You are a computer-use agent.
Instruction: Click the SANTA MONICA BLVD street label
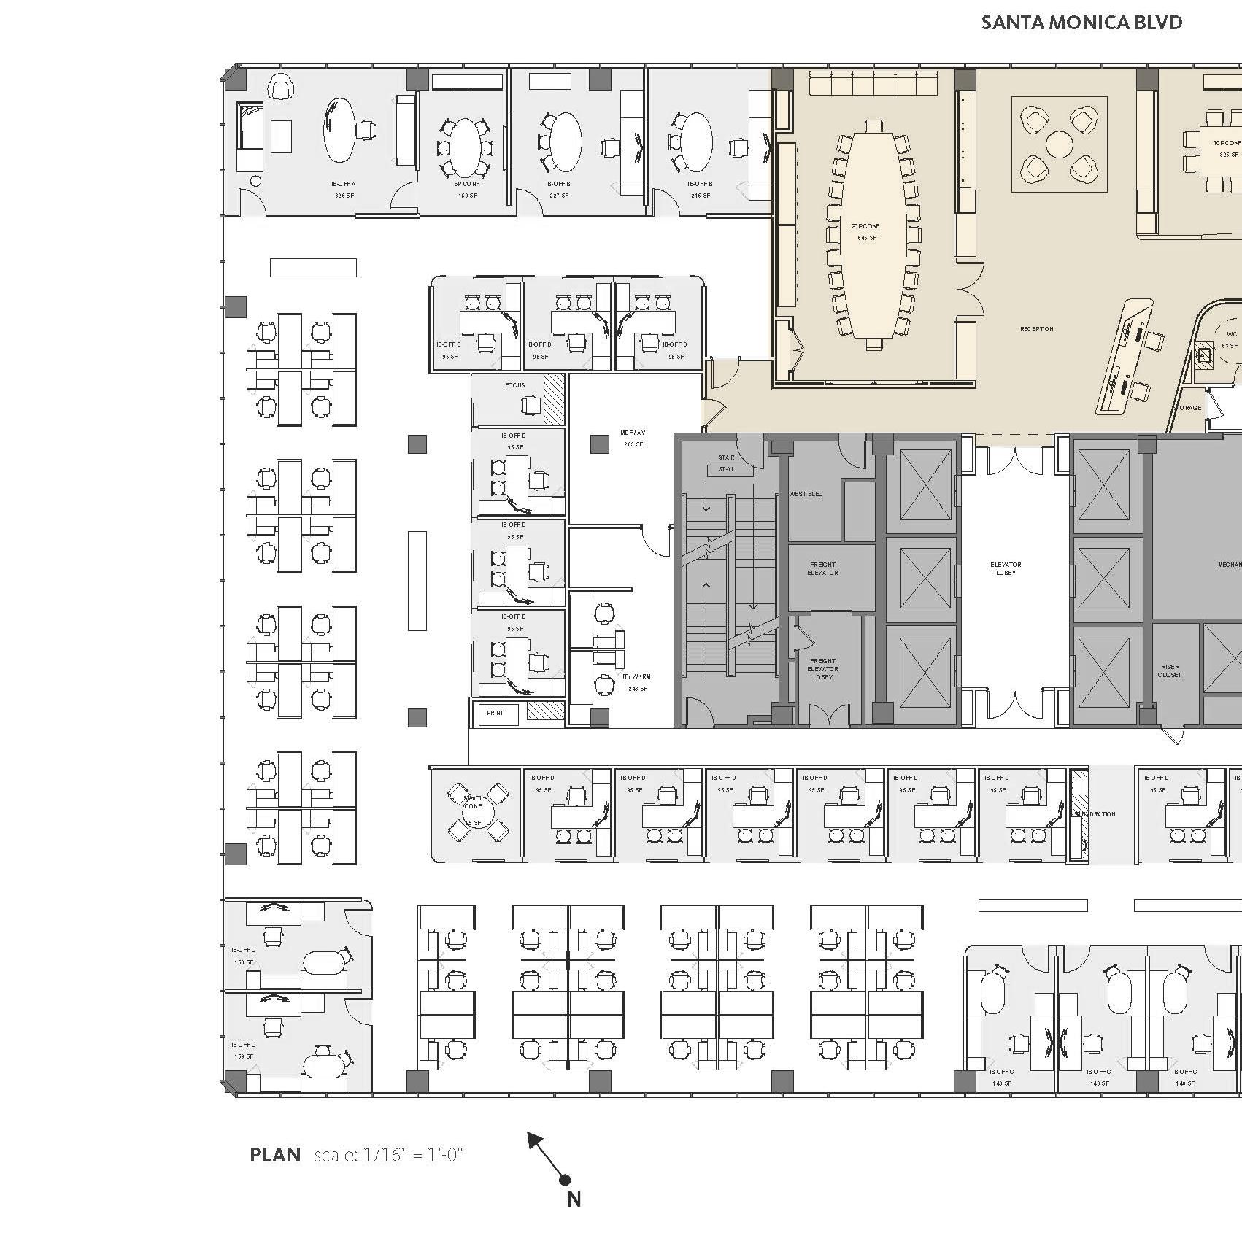pos(1081,23)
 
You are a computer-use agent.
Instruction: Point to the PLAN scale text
pos(357,1155)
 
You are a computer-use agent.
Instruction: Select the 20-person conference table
pos(869,233)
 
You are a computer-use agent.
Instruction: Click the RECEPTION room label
pos(1037,329)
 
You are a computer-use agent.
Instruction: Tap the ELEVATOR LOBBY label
pos(1006,568)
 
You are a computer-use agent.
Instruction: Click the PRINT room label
pos(495,713)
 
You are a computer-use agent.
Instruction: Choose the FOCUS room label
pos(515,385)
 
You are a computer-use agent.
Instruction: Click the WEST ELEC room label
pos(806,494)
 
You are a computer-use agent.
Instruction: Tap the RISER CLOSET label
pos(1169,670)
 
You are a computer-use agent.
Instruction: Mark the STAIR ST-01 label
pos(726,463)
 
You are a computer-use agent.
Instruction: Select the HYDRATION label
pos(1098,814)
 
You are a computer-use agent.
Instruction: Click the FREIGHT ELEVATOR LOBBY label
pos(822,669)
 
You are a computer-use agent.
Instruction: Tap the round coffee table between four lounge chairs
pos(1059,144)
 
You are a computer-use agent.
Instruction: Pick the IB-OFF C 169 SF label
pos(243,1050)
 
